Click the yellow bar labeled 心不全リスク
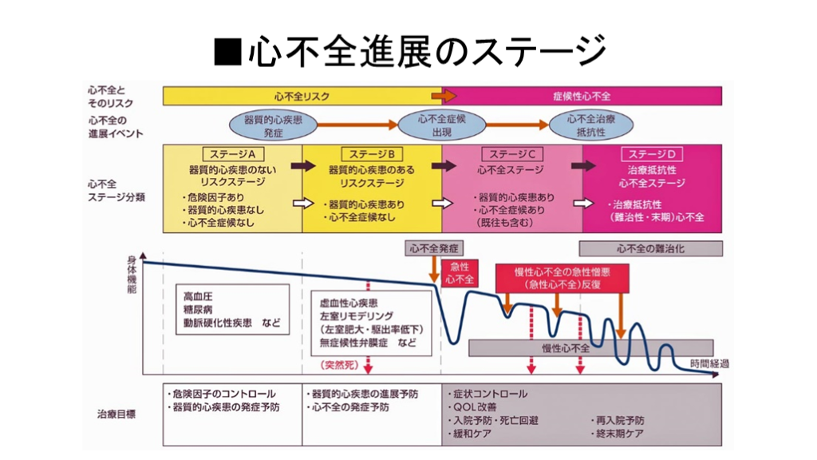coord(302,96)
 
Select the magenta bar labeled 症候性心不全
coord(582,96)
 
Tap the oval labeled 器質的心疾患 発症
coord(273,125)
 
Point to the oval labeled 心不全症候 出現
coord(442,125)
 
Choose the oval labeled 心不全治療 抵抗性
coord(591,125)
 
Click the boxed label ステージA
coord(232,154)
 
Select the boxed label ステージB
coord(372,154)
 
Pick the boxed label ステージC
coord(512,154)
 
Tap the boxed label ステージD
coord(652,154)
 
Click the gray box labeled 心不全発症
coord(434,248)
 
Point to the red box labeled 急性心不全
coord(460,273)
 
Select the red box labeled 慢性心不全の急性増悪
coord(562,278)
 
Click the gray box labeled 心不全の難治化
coord(651,249)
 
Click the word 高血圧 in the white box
coord(198,296)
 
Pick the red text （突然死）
coord(339,365)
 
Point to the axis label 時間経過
coord(709,363)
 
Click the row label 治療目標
coord(116,414)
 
